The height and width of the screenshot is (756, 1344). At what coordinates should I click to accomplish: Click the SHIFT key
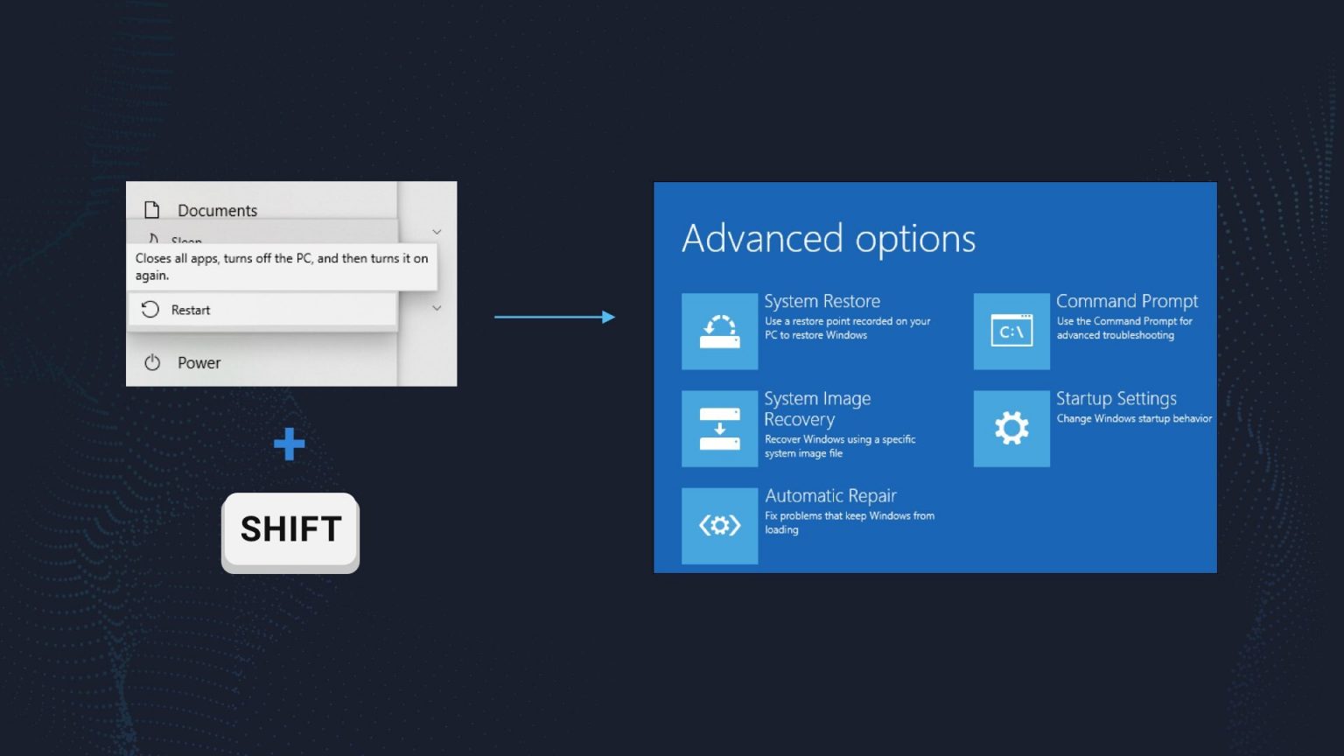(290, 530)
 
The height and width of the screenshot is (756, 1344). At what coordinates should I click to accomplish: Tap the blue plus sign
(289, 444)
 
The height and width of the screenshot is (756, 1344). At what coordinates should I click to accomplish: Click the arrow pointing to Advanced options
(555, 317)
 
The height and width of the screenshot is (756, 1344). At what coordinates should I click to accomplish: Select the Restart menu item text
(191, 310)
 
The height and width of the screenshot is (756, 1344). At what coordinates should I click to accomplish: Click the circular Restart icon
(150, 310)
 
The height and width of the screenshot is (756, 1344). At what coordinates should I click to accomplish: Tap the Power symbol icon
(152, 362)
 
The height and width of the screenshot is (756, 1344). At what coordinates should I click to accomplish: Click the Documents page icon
(152, 210)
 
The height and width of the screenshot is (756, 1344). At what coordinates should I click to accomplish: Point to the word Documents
(217, 211)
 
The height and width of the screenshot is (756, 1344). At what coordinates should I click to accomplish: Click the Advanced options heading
(828, 239)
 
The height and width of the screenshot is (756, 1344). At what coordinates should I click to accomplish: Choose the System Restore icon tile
(719, 332)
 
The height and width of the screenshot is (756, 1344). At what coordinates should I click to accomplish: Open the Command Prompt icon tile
(1011, 332)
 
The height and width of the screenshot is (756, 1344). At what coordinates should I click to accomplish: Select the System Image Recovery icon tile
(719, 429)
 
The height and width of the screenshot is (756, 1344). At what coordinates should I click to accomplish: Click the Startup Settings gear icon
(1011, 429)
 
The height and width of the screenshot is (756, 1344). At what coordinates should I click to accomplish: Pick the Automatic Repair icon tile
(719, 526)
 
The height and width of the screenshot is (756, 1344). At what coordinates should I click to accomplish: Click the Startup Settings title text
(1116, 399)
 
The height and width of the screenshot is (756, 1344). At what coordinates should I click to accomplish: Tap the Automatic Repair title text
(830, 496)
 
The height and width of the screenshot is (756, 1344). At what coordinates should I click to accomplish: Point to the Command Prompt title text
(1126, 301)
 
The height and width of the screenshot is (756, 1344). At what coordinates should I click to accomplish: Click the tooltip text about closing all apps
(281, 267)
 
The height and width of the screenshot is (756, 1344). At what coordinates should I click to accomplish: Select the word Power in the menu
(199, 363)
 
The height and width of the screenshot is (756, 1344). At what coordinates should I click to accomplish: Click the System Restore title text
(822, 301)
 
